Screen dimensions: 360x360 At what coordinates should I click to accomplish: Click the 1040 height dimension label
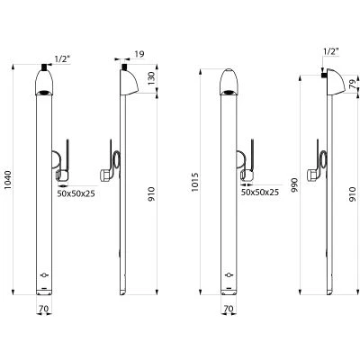pos(8,180)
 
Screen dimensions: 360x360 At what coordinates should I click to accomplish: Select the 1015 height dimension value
pos(195,182)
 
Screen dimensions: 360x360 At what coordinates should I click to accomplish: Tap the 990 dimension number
pos(294,185)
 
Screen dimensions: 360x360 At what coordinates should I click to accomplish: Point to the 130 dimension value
pos(152,78)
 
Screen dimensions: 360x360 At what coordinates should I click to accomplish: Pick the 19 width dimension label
pos(139,54)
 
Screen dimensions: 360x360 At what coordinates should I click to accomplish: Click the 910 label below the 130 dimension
pos(152,193)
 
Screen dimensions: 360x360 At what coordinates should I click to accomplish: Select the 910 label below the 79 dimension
pos(353,193)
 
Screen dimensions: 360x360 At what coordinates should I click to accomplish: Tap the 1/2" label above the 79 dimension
pos(331,51)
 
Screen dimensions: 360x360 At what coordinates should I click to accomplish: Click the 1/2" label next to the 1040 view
pos(62,58)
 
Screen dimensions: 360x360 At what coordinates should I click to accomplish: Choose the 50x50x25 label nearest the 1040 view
pos(76,193)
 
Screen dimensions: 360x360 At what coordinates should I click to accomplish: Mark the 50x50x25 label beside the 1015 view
pos(260,192)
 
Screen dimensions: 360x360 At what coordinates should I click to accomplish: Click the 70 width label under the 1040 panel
pos(44,308)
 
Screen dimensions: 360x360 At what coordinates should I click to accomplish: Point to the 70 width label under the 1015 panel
pos(229,309)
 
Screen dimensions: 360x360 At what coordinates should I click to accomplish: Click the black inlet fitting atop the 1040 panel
pos(44,67)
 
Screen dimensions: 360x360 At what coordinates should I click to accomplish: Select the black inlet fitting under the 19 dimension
pos(123,67)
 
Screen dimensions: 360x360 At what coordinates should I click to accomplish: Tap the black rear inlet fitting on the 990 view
pos(324,75)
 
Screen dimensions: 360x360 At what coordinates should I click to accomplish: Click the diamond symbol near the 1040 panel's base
pos(44,274)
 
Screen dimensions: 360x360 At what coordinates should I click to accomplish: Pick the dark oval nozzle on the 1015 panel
pos(229,92)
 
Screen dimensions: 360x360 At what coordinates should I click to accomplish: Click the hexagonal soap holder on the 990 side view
pos(312,175)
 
